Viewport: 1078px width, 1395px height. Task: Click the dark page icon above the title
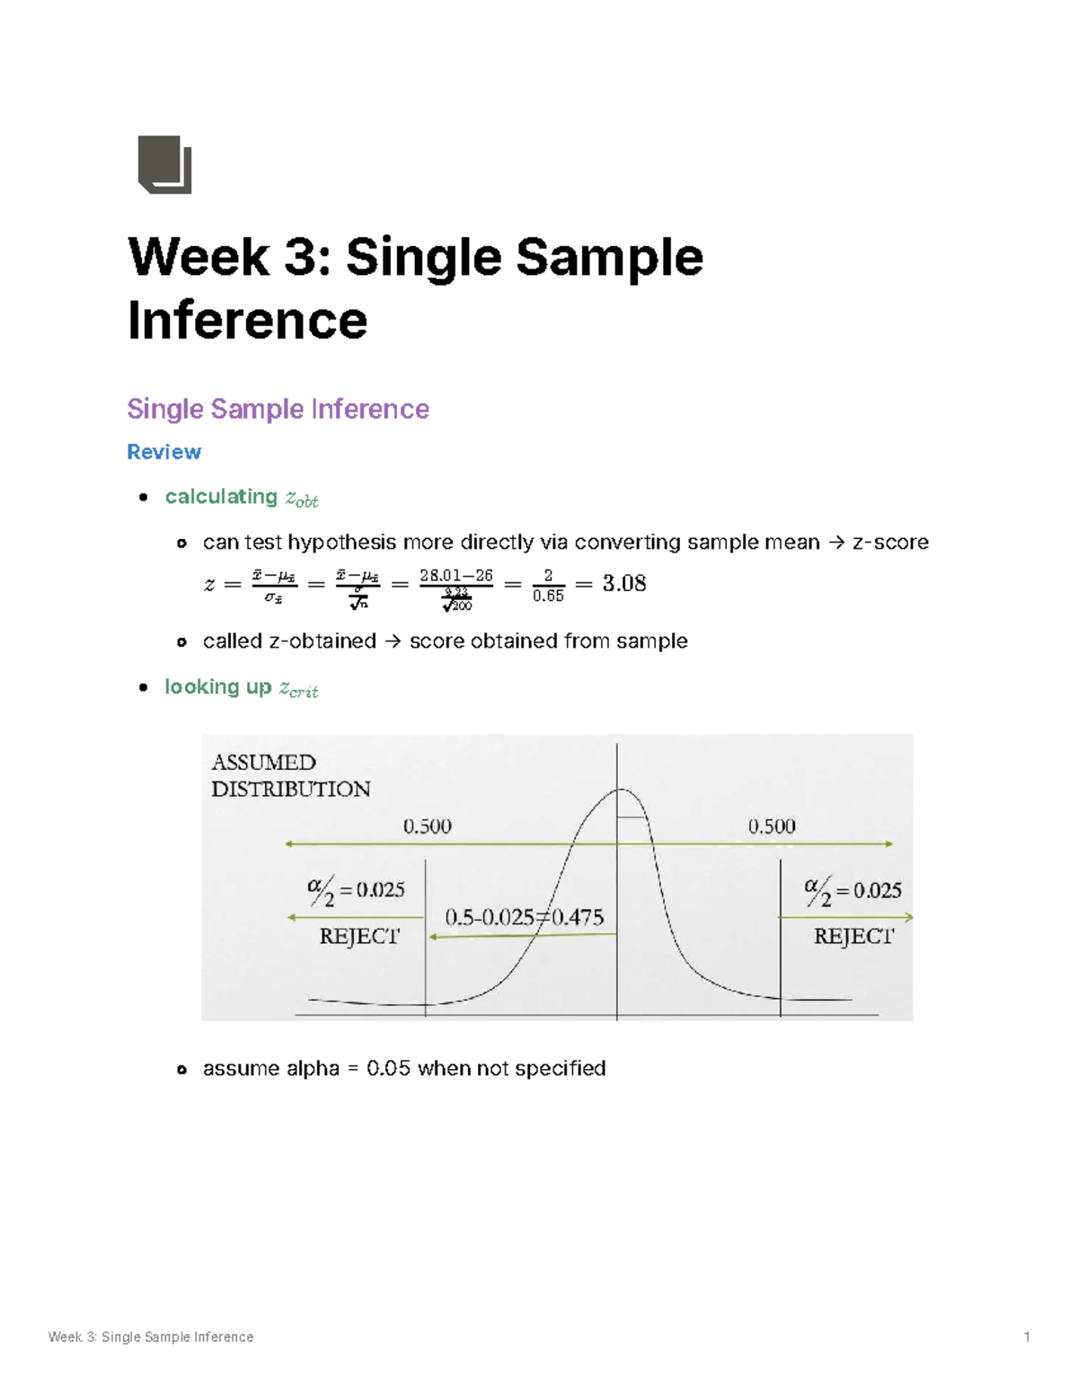164,164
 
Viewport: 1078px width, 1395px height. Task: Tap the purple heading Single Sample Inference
278,410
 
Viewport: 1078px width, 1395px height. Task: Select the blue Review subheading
163,452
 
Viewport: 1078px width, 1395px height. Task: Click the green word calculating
221,497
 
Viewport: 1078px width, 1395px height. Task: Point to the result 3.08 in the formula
624,584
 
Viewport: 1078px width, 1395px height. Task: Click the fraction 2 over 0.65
548,585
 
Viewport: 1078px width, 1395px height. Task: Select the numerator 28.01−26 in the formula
456,576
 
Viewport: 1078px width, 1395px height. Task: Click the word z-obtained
322,641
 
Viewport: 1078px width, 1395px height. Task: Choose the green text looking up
217,687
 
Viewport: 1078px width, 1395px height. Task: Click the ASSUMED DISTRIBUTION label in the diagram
290,776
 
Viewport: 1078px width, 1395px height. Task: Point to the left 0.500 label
427,826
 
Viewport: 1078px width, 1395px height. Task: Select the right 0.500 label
772,826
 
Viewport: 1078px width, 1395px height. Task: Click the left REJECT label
359,937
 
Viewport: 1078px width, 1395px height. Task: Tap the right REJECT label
853,937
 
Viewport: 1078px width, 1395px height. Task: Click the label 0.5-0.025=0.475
525,917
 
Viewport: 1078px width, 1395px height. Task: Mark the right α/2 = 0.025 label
853,891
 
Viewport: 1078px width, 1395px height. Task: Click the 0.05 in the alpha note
388,1069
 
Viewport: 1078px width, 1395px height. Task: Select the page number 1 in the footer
1027,1338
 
